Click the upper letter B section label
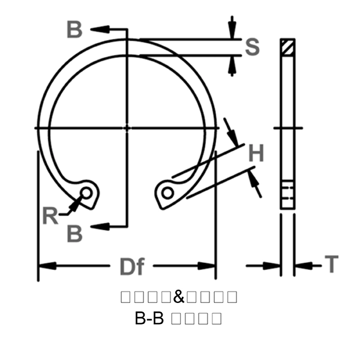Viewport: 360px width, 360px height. [x=74, y=29]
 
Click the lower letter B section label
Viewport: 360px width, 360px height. [x=74, y=233]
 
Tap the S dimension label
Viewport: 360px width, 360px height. [x=253, y=47]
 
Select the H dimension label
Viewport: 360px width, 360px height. [x=256, y=154]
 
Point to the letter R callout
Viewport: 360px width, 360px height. [x=50, y=214]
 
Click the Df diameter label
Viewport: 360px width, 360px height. [x=131, y=266]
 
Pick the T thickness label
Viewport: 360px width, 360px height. [x=331, y=264]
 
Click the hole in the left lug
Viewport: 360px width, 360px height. [x=87, y=193]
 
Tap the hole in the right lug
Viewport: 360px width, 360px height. [x=167, y=193]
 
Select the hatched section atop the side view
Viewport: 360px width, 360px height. [x=288, y=47]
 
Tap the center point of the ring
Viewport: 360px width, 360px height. [x=127, y=127]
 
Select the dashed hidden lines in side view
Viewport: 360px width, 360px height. [x=288, y=192]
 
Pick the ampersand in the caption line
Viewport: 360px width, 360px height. [x=180, y=296]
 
